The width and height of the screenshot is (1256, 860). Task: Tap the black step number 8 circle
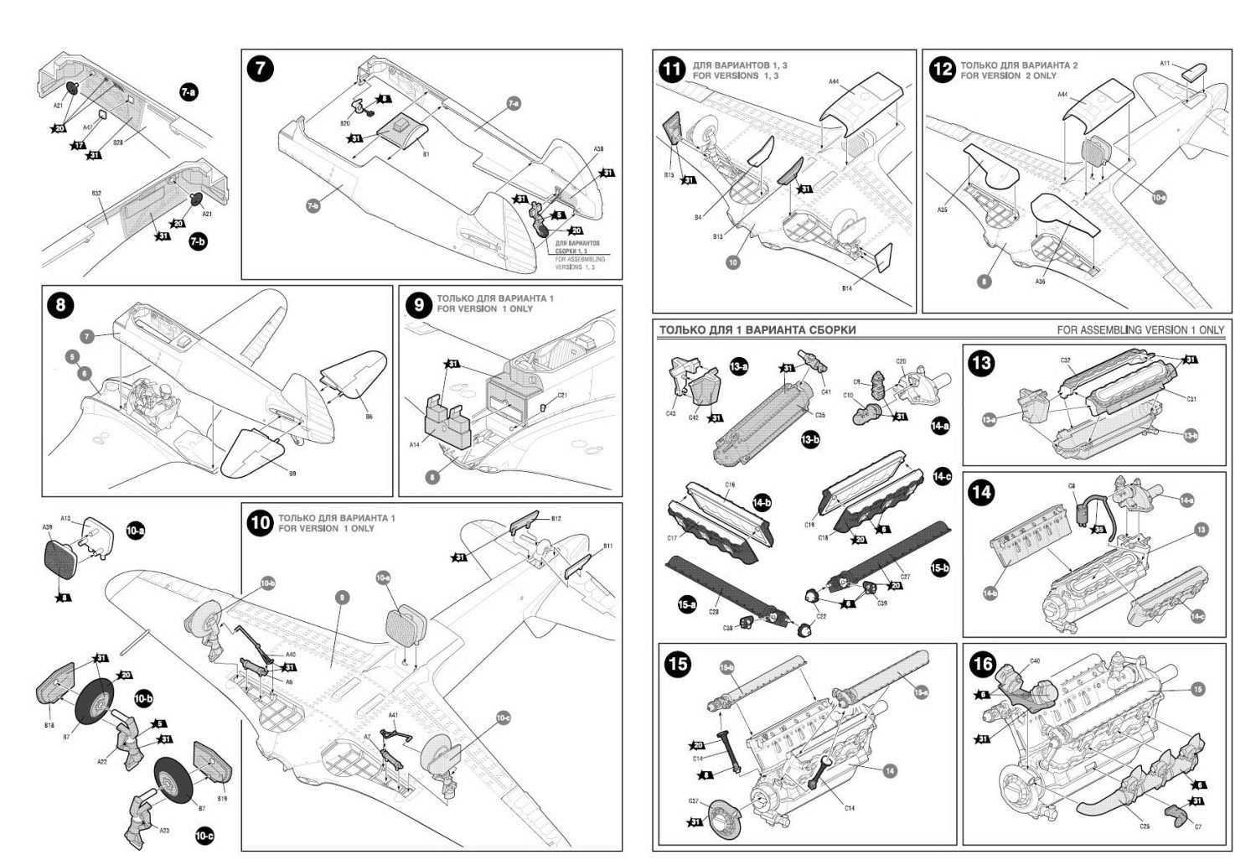[61, 304]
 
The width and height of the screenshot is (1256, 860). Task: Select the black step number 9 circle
[419, 304]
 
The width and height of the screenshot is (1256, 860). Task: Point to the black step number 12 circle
[943, 70]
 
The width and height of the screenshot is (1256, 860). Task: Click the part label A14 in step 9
[415, 445]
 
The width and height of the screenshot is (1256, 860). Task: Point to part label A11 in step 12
[1166, 63]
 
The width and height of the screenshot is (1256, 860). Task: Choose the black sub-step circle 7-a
[189, 93]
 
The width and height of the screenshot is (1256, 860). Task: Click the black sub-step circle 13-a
[738, 365]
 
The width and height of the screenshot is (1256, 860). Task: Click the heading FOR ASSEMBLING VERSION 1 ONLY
[1140, 330]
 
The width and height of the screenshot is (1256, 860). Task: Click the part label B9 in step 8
[292, 474]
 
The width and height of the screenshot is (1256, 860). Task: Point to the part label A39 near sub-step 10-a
[47, 527]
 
